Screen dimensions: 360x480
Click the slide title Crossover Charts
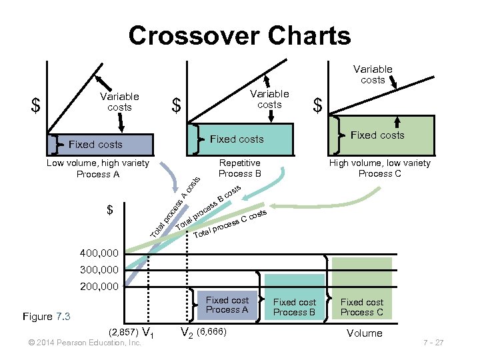[239, 35]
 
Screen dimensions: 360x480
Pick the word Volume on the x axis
[364, 333]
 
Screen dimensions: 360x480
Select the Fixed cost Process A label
[227, 305]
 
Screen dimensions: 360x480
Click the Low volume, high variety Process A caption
[97, 168]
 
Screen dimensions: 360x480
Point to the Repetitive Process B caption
[239, 168]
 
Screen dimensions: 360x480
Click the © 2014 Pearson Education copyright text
[81, 343]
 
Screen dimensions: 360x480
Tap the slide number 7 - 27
[433, 343]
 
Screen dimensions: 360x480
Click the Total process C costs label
[230, 225]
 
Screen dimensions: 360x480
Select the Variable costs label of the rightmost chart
[373, 74]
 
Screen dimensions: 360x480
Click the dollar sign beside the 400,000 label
[111, 211]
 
